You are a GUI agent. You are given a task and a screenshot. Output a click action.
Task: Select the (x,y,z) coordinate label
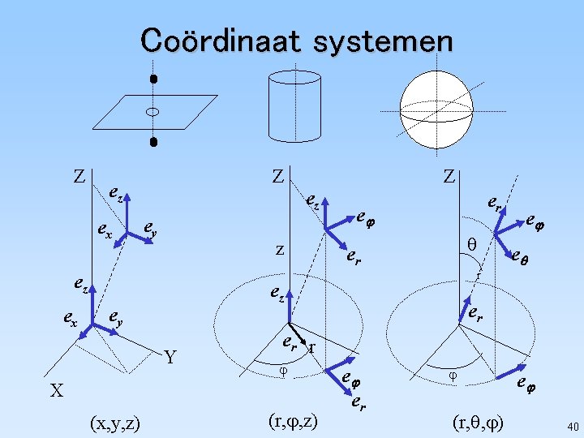click(114, 422)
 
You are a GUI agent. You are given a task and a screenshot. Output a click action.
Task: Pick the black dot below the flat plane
click(152, 143)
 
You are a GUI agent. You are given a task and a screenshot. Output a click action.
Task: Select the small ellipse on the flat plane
click(152, 111)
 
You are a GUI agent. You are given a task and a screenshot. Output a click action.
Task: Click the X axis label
click(55, 391)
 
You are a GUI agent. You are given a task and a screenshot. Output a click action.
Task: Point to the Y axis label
click(170, 357)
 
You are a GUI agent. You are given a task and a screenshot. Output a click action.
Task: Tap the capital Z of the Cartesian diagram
click(79, 176)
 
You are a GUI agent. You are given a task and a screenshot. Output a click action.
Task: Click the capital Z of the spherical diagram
click(449, 176)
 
